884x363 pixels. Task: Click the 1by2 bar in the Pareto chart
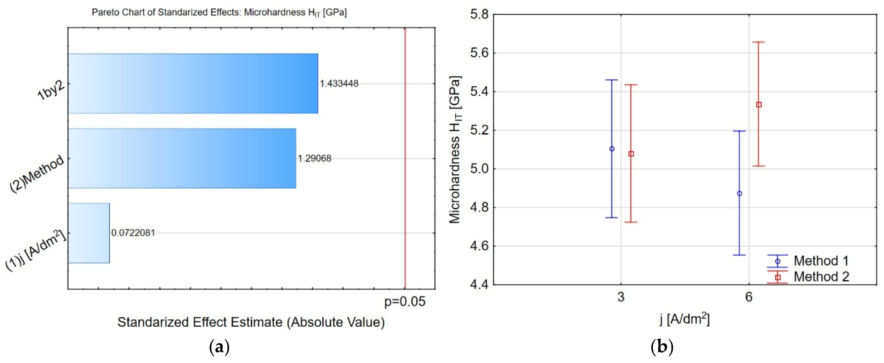coord(193,83)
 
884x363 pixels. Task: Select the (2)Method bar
coord(182,158)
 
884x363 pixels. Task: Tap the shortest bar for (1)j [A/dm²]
coord(89,233)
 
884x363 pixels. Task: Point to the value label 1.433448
coord(339,83)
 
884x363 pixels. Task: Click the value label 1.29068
coord(314,158)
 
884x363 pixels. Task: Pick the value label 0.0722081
coord(133,233)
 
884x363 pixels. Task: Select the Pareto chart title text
coord(219,13)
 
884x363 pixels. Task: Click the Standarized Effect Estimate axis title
coord(251,322)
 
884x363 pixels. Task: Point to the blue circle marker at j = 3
coord(612,149)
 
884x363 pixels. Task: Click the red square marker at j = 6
coord(759,105)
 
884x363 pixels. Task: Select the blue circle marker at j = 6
coord(740,193)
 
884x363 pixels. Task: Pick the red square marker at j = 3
coord(631,154)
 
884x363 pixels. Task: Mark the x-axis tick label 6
coord(749,297)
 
